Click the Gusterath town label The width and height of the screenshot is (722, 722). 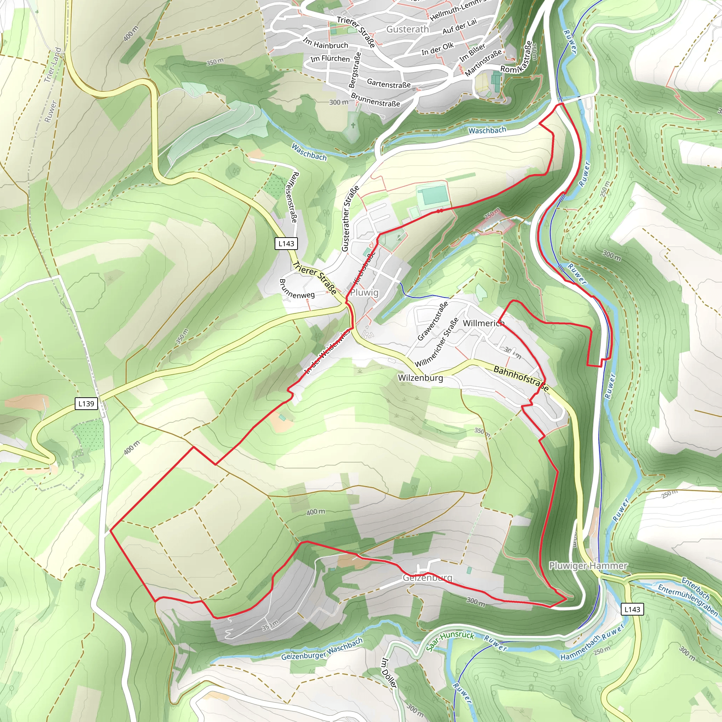[x=407, y=29]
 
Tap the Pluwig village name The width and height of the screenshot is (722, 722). [x=365, y=293]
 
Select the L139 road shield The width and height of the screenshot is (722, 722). [x=86, y=404]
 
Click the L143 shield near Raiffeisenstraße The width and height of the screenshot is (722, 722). [x=286, y=244]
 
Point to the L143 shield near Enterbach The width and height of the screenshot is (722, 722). [x=632, y=609]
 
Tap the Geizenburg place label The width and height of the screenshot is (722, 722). [x=428, y=578]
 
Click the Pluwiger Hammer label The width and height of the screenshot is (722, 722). [x=588, y=566]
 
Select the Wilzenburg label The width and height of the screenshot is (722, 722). [x=421, y=378]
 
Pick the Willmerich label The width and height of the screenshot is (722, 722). [x=484, y=323]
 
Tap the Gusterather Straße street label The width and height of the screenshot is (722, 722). [x=350, y=219]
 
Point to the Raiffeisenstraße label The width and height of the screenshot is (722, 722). [x=292, y=197]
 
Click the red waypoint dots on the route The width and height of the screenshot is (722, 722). [x=440, y=211]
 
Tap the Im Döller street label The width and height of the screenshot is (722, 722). [x=388, y=673]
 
